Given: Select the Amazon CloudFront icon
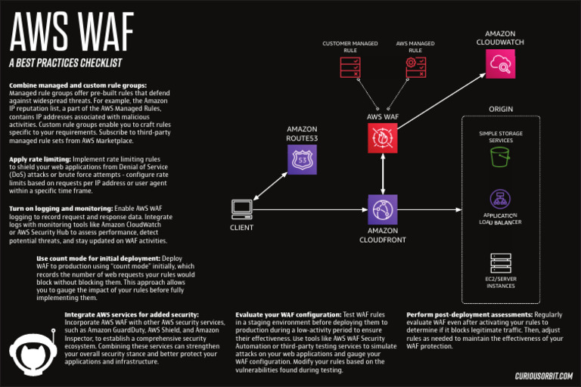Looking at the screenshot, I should coord(383,209).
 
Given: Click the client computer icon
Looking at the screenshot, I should coord(242,208).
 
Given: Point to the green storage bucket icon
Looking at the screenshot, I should coord(500,157).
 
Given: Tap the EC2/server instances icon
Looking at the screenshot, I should coord(500,263).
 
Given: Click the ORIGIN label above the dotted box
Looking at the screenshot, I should coord(500,109).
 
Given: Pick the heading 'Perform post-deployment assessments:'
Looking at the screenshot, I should coord(469,314).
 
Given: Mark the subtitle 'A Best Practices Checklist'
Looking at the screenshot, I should coord(66,62).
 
